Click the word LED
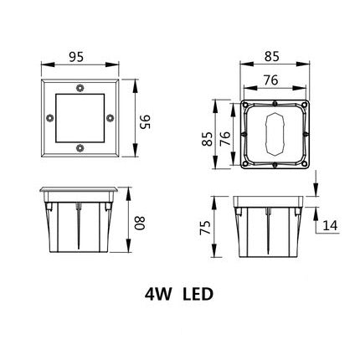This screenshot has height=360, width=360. click(198, 295)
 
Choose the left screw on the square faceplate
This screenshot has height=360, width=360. click(49, 117)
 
